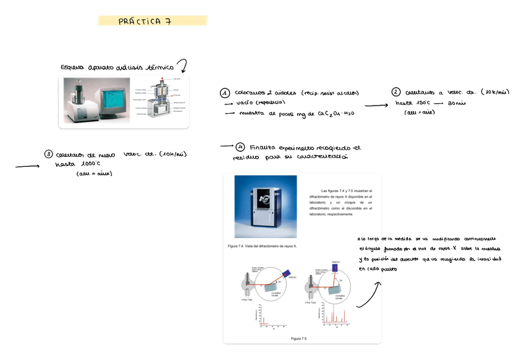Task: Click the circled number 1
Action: click(x=225, y=93)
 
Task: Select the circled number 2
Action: click(x=395, y=92)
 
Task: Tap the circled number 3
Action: click(x=48, y=154)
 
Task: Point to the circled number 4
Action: click(x=240, y=147)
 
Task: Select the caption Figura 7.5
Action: click(x=298, y=338)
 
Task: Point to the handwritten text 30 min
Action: click(x=457, y=103)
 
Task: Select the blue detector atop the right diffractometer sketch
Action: click(x=335, y=266)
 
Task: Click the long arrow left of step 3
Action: click(x=27, y=166)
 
